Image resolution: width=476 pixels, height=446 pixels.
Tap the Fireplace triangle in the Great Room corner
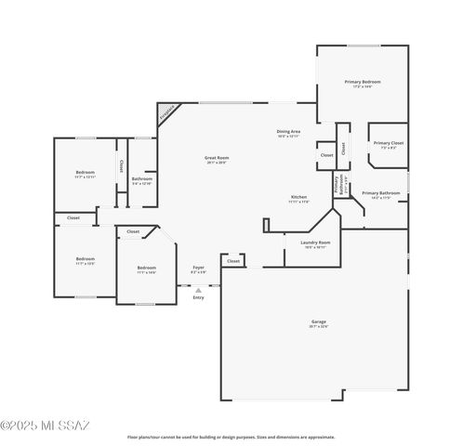click(x=167, y=115)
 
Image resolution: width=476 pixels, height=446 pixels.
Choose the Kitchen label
click(x=298, y=199)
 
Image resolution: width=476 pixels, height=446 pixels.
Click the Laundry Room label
click(x=314, y=244)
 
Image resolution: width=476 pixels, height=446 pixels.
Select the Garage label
click(x=319, y=323)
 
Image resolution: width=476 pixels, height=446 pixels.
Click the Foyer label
click(x=198, y=269)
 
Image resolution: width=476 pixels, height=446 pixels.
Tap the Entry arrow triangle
click(x=198, y=289)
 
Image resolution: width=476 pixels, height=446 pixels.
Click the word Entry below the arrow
click(x=198, y=297)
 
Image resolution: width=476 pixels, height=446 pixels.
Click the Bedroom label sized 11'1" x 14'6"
click(x=146, y=269)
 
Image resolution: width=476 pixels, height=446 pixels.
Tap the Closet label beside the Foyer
click(x=232, y=261)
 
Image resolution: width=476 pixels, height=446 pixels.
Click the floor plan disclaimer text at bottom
click(x=231, y=437)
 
